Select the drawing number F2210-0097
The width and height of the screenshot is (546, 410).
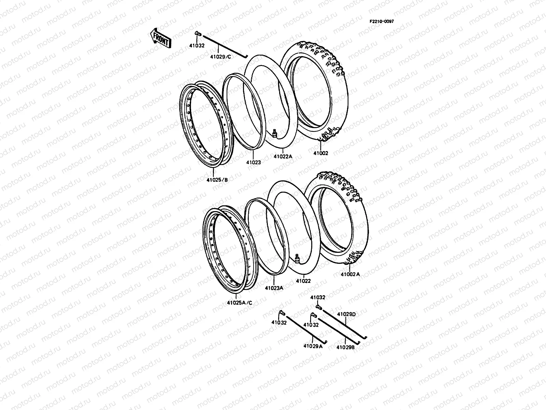(x=382, y=21)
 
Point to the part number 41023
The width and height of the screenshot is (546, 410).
(x=254, y=163)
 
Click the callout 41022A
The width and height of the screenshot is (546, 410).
(x=283, y=156)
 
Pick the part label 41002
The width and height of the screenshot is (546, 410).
(x=321, y=153)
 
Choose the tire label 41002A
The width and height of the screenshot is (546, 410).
(x=350, y=274)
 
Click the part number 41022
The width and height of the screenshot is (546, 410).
(x=303, y=281)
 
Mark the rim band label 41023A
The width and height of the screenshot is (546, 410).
(x=274, y=288)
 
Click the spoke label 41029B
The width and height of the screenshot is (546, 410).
(x=346, y=347)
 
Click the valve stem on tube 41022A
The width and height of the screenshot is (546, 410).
(x=275, y=133)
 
